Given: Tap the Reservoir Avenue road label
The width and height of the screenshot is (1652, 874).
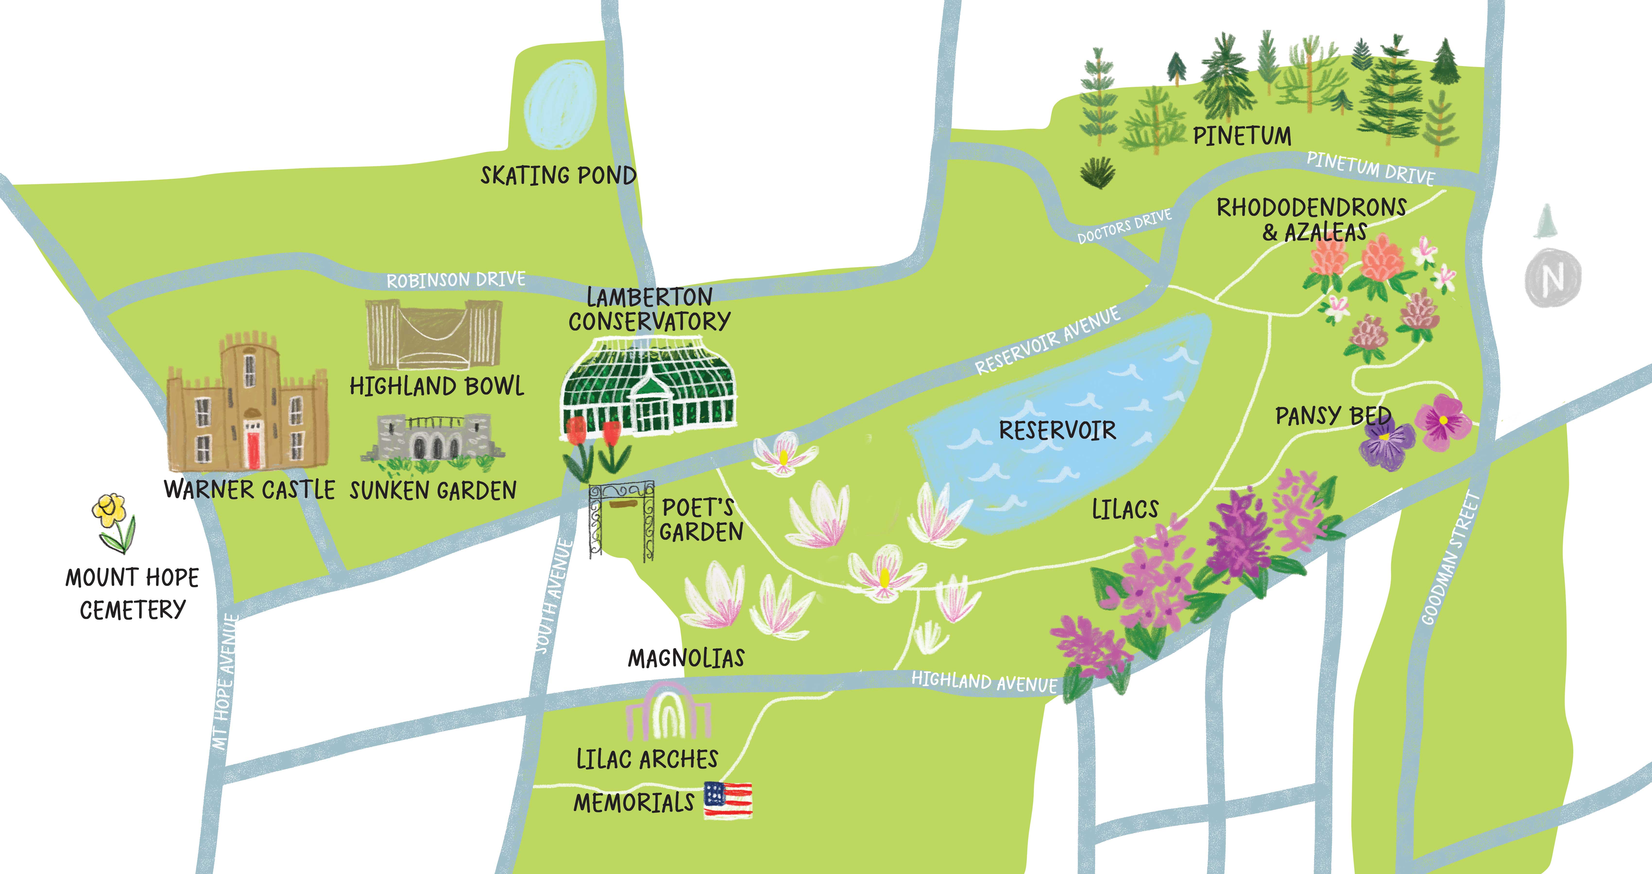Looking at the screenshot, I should tap(1047, 340).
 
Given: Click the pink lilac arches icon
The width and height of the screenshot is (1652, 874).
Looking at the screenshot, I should tap(668, 712).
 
